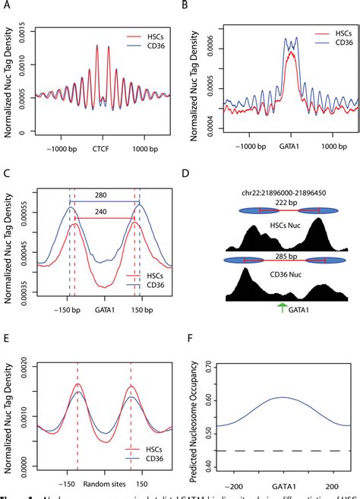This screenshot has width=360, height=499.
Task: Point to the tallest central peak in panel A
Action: [x=98, y=46]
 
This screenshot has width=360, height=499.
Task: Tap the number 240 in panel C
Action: [x=104, y=219]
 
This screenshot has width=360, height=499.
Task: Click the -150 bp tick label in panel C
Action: [x=67, y=312]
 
